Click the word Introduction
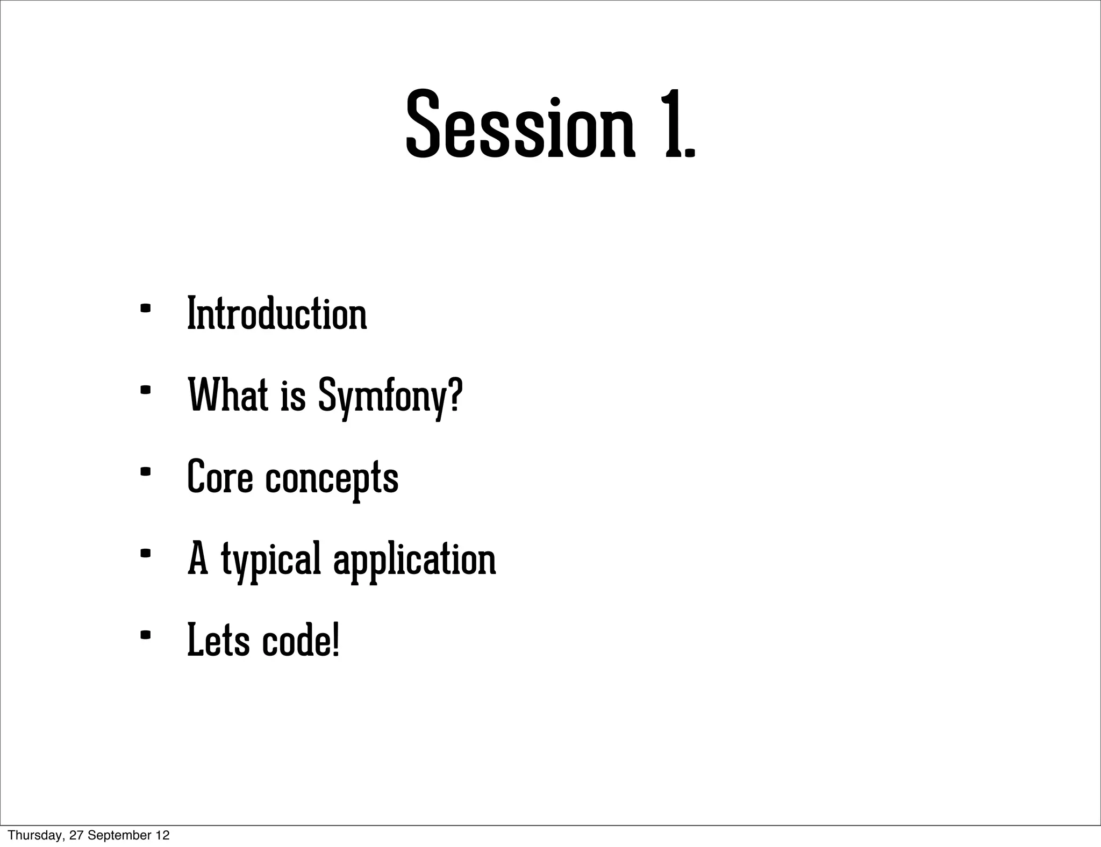pyautogui.click(x=277, y=314)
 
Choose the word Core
pyautogui.click(x=220, y=477)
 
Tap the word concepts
pyautogui.click(x=332, y=478)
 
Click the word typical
pyautogui.click(x=271, y=560)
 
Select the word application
pyautogui.click(x=414, y=560)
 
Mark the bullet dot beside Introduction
pyautogui.click(x=145, y=308)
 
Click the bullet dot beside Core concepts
pyautogui.click(x=145, y=472)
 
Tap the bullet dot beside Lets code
pyautogui.click(x=145, y=635)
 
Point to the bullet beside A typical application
pyautogui.click(x=145, y=554)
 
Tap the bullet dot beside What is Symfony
pyautogui.click(x=145, y=390)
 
